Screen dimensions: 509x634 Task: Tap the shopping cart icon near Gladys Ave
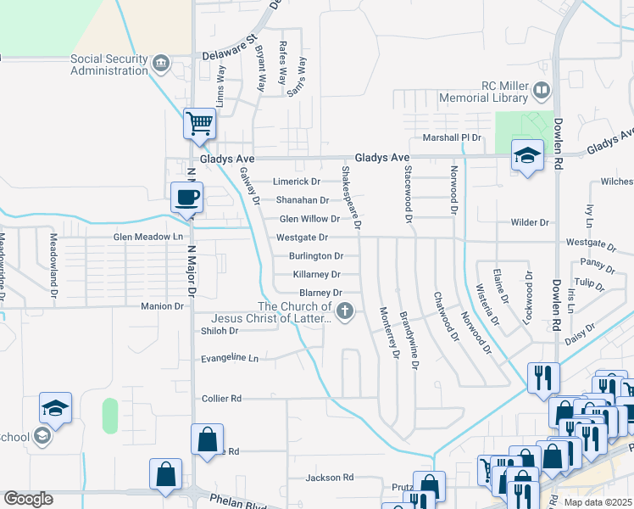coord(199,123)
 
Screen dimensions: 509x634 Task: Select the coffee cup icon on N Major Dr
coord(187,197)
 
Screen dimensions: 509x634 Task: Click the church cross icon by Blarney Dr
coord(344,312)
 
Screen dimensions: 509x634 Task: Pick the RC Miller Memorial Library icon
coord(541,89)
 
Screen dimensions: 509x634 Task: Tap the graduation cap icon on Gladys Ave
coord(527,155)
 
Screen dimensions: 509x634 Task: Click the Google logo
coord(28,499)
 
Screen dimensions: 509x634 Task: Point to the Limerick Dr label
coord(296,182)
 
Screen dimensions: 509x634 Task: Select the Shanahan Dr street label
coord(302,200)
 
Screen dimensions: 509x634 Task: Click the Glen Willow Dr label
coord(303,219)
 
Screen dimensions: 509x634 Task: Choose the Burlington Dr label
coord(315,255)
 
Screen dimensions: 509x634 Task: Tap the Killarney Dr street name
coord(315,274)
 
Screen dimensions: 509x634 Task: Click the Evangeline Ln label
coord(229,359)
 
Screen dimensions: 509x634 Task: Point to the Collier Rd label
coord(221,398)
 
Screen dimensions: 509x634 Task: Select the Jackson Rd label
coord(329,478)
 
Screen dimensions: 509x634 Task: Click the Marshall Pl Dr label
coord(447,137)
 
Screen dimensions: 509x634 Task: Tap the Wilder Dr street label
coord(529,222)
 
